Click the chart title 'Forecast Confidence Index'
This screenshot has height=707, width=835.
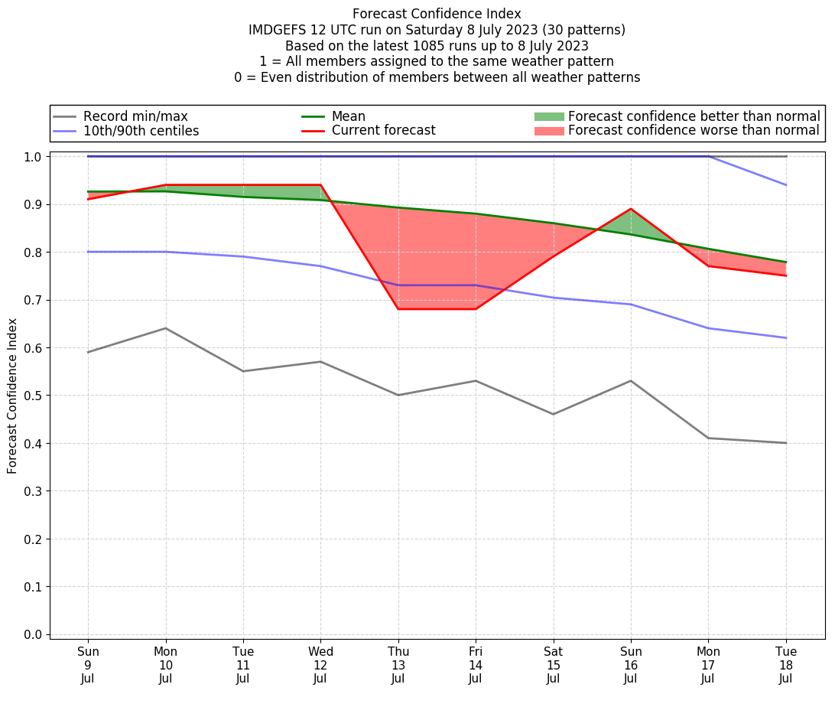point(437,14)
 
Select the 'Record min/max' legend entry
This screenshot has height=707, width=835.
point(135,116)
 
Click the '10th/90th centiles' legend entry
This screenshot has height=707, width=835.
point(141,131)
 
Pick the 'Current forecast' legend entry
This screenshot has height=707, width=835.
point(383,130)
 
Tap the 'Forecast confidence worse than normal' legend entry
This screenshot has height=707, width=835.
point(694,130)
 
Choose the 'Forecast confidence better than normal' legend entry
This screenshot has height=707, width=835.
point(694,116)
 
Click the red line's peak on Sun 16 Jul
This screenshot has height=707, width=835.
point(631,209)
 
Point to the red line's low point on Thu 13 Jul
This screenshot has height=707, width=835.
point(398,309)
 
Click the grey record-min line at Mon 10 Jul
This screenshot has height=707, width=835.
point(165,328)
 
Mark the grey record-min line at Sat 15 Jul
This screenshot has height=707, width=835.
point(553,414)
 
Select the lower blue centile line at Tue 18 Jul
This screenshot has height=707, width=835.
point(786,337)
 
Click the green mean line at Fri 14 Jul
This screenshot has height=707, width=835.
point(476,214)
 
